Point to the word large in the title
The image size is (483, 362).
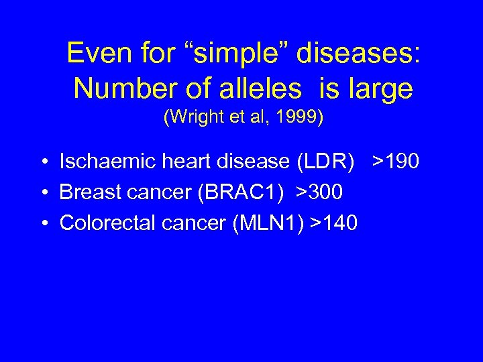(380, 88)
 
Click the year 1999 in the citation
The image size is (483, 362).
(302, 118)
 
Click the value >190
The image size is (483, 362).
(396, 162)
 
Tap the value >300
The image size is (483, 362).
(320, 192)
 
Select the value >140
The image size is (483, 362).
(334, 223)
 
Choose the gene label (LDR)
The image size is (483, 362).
(327, 162)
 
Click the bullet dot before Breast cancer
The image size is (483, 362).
(43, 193)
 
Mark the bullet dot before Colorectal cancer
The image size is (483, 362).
(43, 223)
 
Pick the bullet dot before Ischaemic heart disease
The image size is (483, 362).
(43, 162)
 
